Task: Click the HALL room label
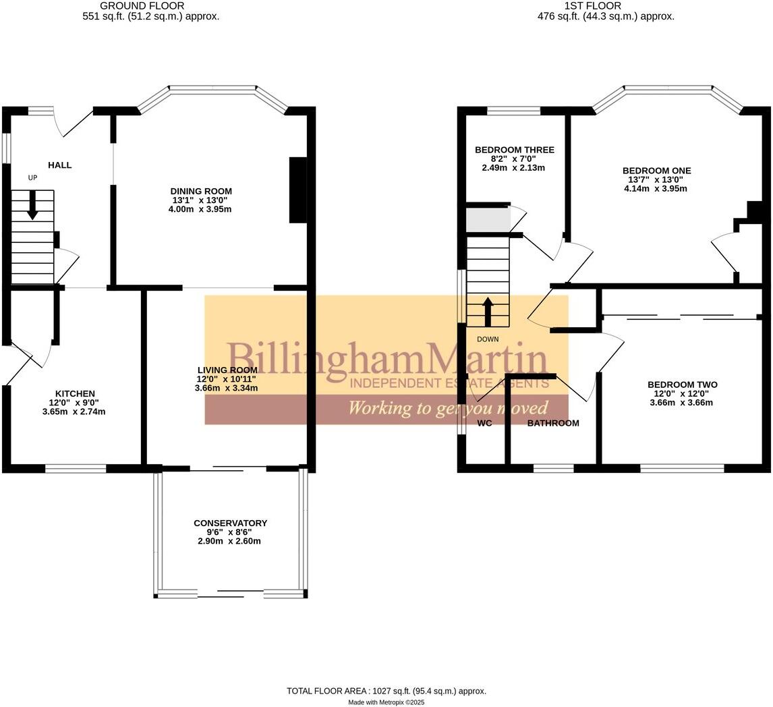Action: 59,165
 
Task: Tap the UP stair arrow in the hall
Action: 32,205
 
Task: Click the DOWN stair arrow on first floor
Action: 488,311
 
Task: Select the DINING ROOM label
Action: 200,192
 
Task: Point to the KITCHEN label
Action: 75,394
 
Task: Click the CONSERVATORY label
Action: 230,524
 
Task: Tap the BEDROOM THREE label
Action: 514,150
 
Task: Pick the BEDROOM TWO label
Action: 682,385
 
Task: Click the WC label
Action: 484,424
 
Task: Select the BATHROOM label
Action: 553,424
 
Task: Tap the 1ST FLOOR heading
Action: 592,6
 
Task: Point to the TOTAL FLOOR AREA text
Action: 386,691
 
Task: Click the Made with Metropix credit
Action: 386,702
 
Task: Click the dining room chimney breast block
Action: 298,190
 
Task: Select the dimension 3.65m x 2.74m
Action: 74,412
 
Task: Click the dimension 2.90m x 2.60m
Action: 229,541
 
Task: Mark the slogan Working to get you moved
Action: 447,408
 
